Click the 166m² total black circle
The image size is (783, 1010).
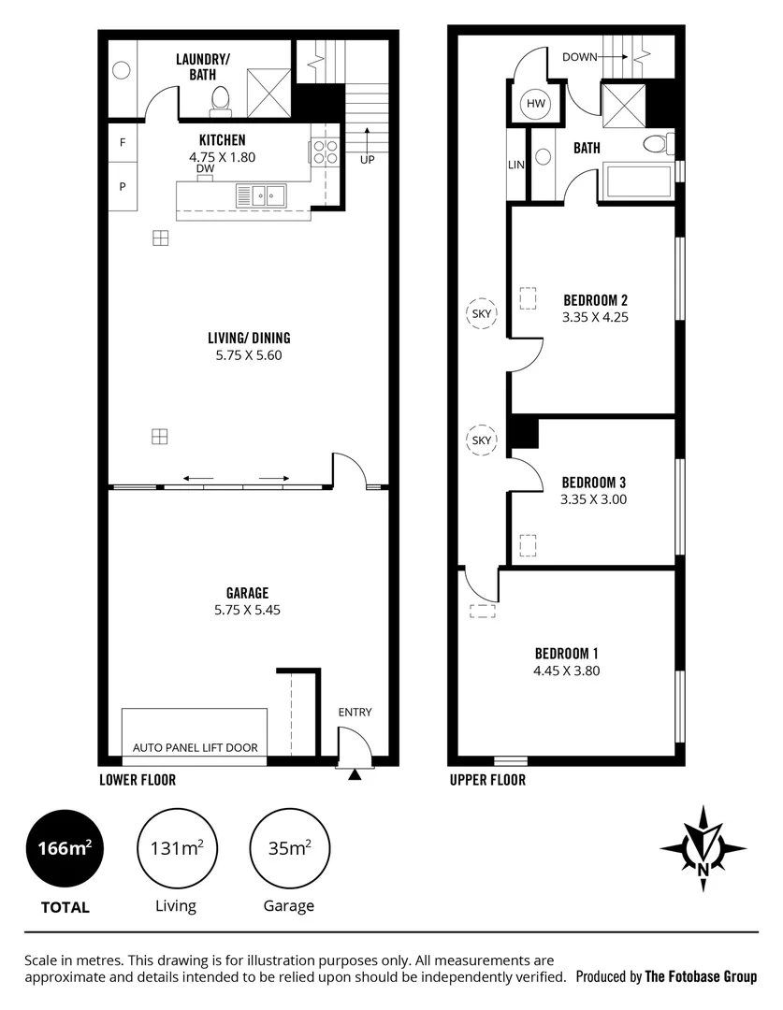coord(65,849)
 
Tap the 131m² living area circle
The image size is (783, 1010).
coord(177,849)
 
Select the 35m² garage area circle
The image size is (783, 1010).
coord(289,849)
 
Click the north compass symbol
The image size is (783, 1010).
coord(703,846)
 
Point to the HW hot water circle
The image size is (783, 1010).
coord(536,104)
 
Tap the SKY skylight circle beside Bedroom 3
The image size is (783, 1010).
coord(482,440)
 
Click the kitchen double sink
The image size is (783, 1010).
coord(261,195)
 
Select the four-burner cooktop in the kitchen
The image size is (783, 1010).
coord(325,151)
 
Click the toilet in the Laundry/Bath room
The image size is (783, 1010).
coord(221,100)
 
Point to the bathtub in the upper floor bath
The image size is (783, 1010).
coord(638,180)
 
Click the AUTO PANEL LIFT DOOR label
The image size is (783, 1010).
coord(195,747)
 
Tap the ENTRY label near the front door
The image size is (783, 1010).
coord(355,713)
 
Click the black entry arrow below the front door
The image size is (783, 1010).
coord(355,774)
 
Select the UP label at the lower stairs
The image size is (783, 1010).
coord(368,160)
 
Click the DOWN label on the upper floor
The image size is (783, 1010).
coord(579,57)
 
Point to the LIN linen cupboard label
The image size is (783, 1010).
coord(516,165)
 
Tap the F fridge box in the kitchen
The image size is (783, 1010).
coord(122,143)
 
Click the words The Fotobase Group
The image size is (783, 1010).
coord(701,976)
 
